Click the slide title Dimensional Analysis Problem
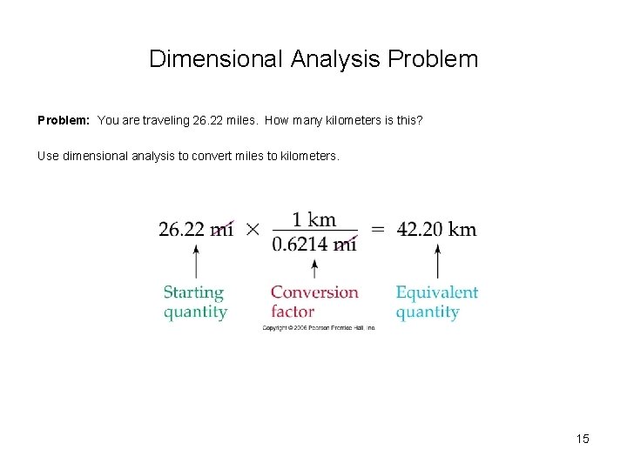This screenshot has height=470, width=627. (x=313, y=59)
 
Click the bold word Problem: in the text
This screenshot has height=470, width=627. (x=64, y=119)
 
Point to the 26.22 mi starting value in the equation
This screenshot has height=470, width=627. (x=195, y=229)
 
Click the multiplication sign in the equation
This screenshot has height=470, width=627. (x=253, y=230)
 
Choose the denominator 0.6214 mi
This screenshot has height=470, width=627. (x=313, y=245)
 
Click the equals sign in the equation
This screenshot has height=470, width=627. (x=377, y=230)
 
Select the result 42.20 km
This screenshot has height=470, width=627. (x=437, y=230)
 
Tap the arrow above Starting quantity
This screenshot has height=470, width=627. (x=195, y=260)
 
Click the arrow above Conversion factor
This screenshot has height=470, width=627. (x=313, y=265)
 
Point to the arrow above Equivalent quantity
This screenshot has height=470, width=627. (x=437, y=260)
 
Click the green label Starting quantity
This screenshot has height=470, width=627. (x=195, y=302)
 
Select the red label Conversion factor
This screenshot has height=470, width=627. (x=313, y=302)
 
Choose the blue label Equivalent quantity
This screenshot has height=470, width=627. (x=437, y=302)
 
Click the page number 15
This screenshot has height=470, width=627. (x=583, y=439)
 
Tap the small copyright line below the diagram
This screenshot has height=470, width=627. (x=318, y=328)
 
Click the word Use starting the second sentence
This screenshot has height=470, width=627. (x=49, y=157)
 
